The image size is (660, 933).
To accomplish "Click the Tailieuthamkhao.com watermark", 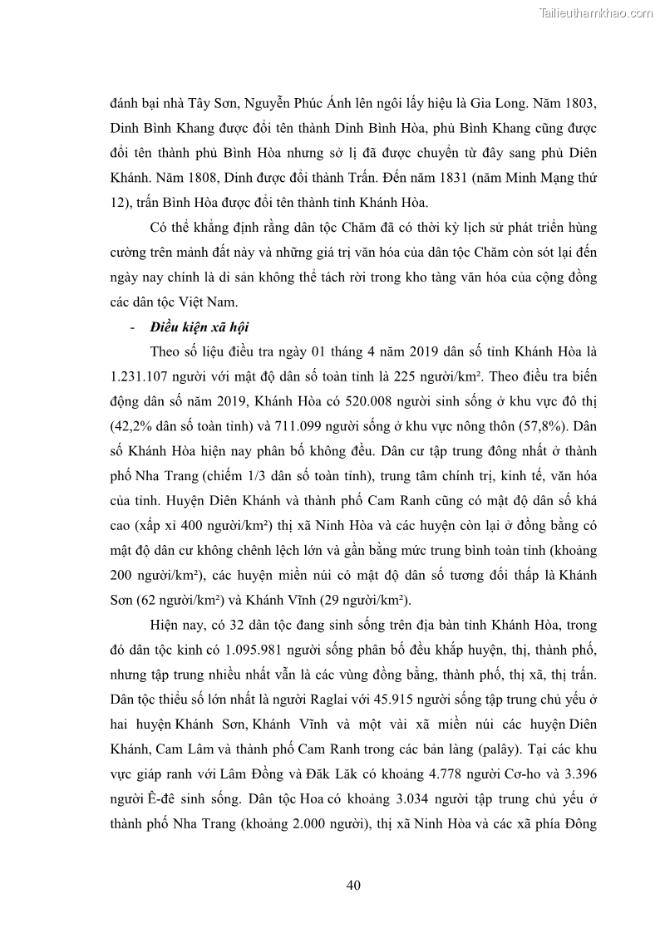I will (x=596, y=12).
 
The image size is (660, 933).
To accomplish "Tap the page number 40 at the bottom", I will (x=353, y=885).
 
